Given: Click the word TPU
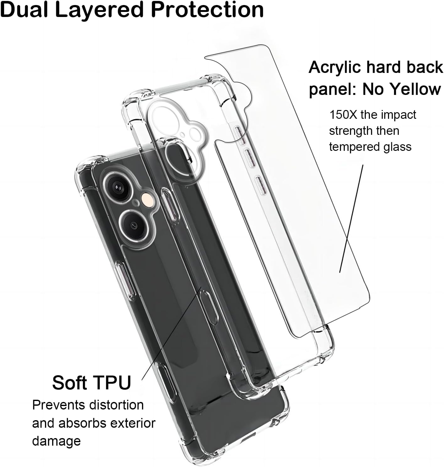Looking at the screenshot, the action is coord(111,383).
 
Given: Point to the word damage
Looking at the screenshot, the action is coord(56,442).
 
